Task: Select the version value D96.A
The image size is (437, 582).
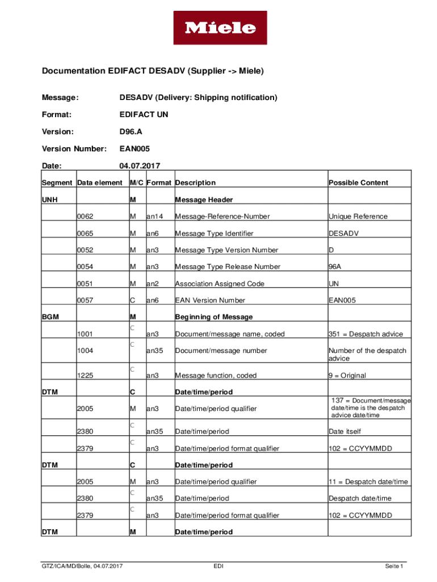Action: (132, 132)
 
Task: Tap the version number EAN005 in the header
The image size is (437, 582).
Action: (135, 149)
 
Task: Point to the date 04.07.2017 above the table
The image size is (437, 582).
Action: (140, 166)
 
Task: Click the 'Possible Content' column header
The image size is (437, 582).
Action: (358, 182)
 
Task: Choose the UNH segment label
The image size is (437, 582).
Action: (50, 200)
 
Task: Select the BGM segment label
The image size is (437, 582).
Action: (51, 317)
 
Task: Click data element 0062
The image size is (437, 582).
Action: (85, 217)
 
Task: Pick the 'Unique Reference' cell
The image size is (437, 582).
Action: (358, 217)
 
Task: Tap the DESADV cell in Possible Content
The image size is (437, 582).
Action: (343, 233)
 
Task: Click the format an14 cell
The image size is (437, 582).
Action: (155, 217)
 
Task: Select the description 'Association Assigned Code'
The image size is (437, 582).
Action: (220, 284)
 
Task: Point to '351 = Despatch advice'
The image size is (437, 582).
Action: (365, 334)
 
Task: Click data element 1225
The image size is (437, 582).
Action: (85, 376)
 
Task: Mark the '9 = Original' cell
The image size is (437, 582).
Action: (347, 376)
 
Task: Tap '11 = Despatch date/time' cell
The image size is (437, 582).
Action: (368, 482)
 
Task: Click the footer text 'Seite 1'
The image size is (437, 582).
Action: (393, 566)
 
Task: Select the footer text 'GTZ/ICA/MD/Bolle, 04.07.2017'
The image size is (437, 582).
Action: (82, 566)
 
